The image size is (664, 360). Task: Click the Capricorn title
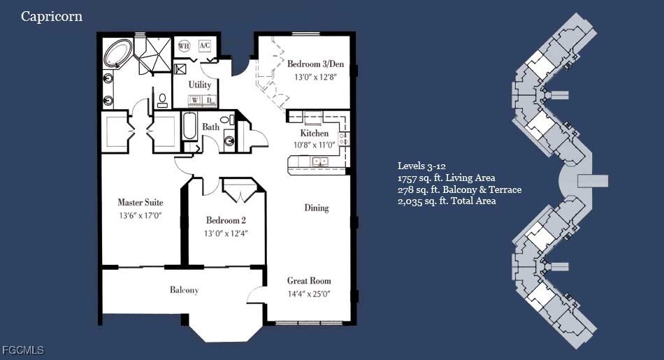tap(52, 17)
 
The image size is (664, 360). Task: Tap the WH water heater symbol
tap(184, 45)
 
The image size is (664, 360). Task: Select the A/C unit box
tap(205, 45)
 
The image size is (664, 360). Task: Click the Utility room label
tap(199, 85)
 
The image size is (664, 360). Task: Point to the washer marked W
tap(195, 101)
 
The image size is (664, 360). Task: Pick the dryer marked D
tap(209, 101)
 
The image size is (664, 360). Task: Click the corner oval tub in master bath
tap(118, 52)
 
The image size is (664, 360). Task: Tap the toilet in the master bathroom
tap(163, 101)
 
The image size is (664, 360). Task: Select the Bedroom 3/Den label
tap(315, 64)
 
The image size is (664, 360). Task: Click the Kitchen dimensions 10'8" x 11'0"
tap(315, 145)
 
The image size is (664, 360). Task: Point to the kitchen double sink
tap(319, 161)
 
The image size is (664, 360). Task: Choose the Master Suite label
tap(140, 203)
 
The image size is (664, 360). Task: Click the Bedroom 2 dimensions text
tap(226, 233)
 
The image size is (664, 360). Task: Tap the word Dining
tap(317, 208)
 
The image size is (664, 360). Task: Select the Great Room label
tap(309, 280)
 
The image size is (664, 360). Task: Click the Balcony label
tap(185, 290)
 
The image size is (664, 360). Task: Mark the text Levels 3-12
tap(421, 166)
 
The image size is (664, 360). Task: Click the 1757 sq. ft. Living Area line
tap(447, 178)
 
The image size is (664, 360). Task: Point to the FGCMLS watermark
tap(23, 350)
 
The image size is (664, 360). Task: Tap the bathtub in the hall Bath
tap(189, 126)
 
